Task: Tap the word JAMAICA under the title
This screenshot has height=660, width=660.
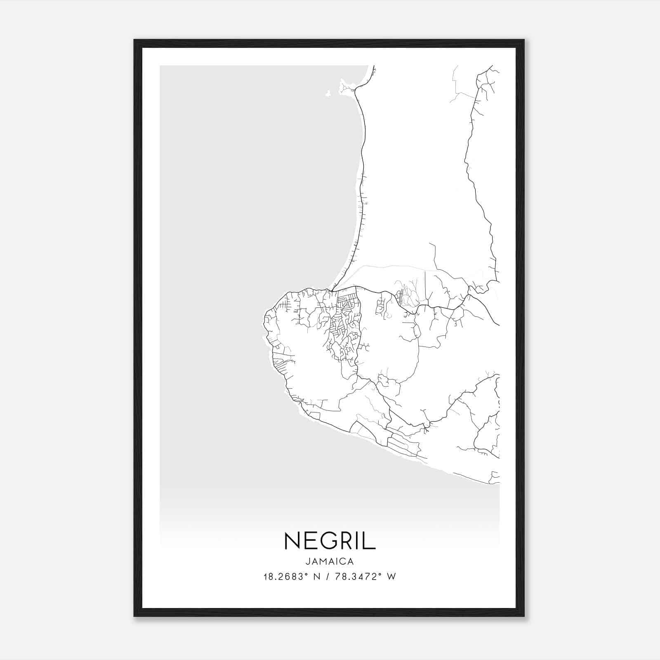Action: (330, 561)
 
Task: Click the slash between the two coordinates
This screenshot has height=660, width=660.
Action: (327, 577)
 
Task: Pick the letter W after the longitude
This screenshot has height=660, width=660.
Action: (391, 577)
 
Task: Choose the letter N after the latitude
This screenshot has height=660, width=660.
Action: (317, 577)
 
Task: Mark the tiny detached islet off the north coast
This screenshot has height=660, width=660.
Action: (328, 94)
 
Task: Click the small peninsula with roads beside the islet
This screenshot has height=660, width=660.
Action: (346, 87)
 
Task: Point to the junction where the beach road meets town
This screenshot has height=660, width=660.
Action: (332, 290)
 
